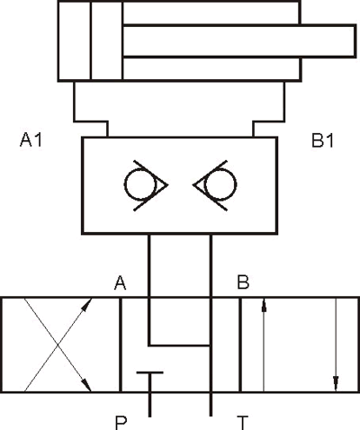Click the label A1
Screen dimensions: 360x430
click(x=31, y=140)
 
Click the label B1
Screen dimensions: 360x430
click(x=323, y=140)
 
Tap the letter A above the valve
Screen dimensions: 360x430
click(x=120, y=283)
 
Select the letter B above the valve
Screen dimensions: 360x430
click(x=243, y=282)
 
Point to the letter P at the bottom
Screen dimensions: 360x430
click(x=121, y=423)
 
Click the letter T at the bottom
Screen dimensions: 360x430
click(x=242, y=423)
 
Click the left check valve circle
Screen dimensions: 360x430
click(x=140, y=184)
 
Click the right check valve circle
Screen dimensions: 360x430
click(x=220, y=184)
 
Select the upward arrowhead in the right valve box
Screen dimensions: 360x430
click(x=264, y=305)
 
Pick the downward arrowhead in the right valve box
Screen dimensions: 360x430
click(x=336, y=384)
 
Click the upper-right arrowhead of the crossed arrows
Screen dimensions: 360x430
click(x=87, y=305)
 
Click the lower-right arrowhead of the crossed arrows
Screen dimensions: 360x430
click(x=86, y=384)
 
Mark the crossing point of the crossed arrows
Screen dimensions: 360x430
click(x=58, y=345)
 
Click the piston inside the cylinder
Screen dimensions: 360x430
click(x=106, y=41)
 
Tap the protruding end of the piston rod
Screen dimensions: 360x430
click(x=355, y=41)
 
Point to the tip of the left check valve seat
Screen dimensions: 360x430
click(x=167, y=184)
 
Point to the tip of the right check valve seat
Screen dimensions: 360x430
click(x=193, y=184)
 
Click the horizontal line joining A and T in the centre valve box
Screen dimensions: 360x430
click(x=180, y=345)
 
